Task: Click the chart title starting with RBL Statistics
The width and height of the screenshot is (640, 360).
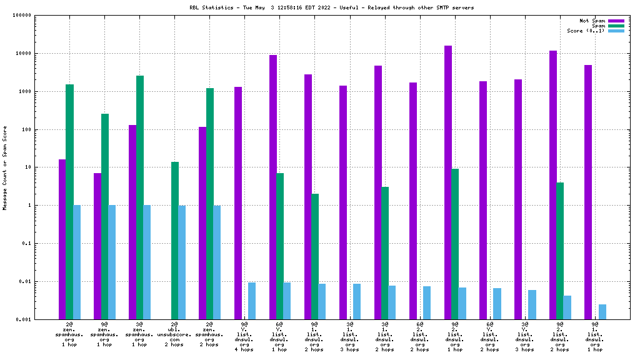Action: [x=331, y=7]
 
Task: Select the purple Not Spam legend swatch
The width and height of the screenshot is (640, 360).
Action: [x=616, y=21]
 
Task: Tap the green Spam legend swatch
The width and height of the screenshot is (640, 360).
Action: [x=616, y=26]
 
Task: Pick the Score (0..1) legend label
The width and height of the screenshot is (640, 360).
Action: [x=586, y=31]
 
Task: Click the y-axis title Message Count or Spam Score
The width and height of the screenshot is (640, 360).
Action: [x=5, y=167]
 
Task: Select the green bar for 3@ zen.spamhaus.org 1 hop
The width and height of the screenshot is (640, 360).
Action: [x=140, y=197]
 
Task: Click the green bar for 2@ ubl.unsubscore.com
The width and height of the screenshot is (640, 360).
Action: [x=175, y=241]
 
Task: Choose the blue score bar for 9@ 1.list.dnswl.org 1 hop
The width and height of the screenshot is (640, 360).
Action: [x=602, y=312]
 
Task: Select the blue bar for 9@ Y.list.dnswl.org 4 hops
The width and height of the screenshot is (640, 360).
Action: [x=252, y=301]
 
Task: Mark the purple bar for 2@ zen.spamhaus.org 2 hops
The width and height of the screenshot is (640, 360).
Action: [x=202, y=223]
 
